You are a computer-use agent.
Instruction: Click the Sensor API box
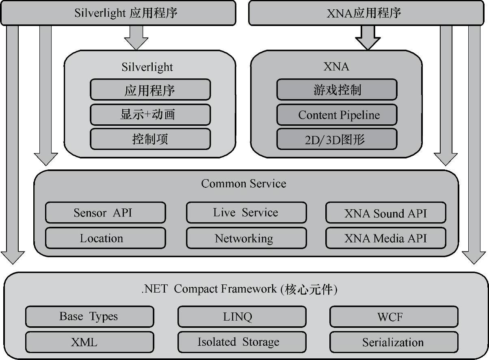(x=105, y=213)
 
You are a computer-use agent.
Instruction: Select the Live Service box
(x=246, y=213)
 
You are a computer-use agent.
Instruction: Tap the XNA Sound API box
(x=385, y=213)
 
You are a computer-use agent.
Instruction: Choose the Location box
(x=105, y=238)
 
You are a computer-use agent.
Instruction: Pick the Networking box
(x=246, y=238)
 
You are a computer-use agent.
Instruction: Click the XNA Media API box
(x=385, y=238)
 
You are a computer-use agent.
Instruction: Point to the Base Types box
(x=89, y=317)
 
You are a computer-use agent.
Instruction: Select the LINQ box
(x=242, y=317)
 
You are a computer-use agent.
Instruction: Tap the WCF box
(x=394, y=317)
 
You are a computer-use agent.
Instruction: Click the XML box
(x=89, y=342)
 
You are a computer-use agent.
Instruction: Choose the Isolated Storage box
(x=242, y=342)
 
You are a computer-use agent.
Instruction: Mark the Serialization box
(x=394, y=342)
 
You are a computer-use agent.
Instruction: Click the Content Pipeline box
(x=337, y=115)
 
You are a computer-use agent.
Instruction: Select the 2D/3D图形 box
(x=337, y=139)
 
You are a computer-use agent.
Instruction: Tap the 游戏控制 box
(x=337, y=90)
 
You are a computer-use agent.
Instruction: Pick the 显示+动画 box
(x=150, y=115)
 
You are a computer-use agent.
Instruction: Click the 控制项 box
(x=150, y=139)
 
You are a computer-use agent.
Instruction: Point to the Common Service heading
(x=244, y=184)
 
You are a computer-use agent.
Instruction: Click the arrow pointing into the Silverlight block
(x=136, y=37)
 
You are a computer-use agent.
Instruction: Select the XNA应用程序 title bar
(x=364, y=13)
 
